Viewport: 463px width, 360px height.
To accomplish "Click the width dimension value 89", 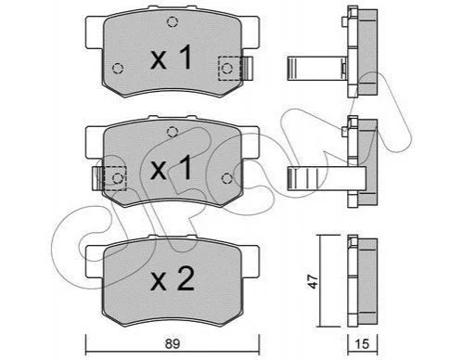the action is pyautogui.click(x=173, y=343).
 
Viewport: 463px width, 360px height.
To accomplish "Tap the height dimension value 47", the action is pyautogui.click(x=313, y=281).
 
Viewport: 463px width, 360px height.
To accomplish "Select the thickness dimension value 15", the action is pyautogui.click(x=363, y=344).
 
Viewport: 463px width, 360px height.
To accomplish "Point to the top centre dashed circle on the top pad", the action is pyautogui.click(x=173, y=21).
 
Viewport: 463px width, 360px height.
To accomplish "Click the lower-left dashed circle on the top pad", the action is pyautogui.click(x=118, y=69).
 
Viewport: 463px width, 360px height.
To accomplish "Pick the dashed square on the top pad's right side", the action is pyautogui.click(x=230, y=69).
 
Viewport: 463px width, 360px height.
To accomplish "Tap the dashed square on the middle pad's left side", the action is pyautogui.click(x=115, y=178).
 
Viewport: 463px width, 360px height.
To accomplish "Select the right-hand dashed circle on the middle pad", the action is pyautogui.click(x=227, y=178).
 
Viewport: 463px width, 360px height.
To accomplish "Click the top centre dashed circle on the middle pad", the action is pyautogui.click(x=173, y=132).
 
